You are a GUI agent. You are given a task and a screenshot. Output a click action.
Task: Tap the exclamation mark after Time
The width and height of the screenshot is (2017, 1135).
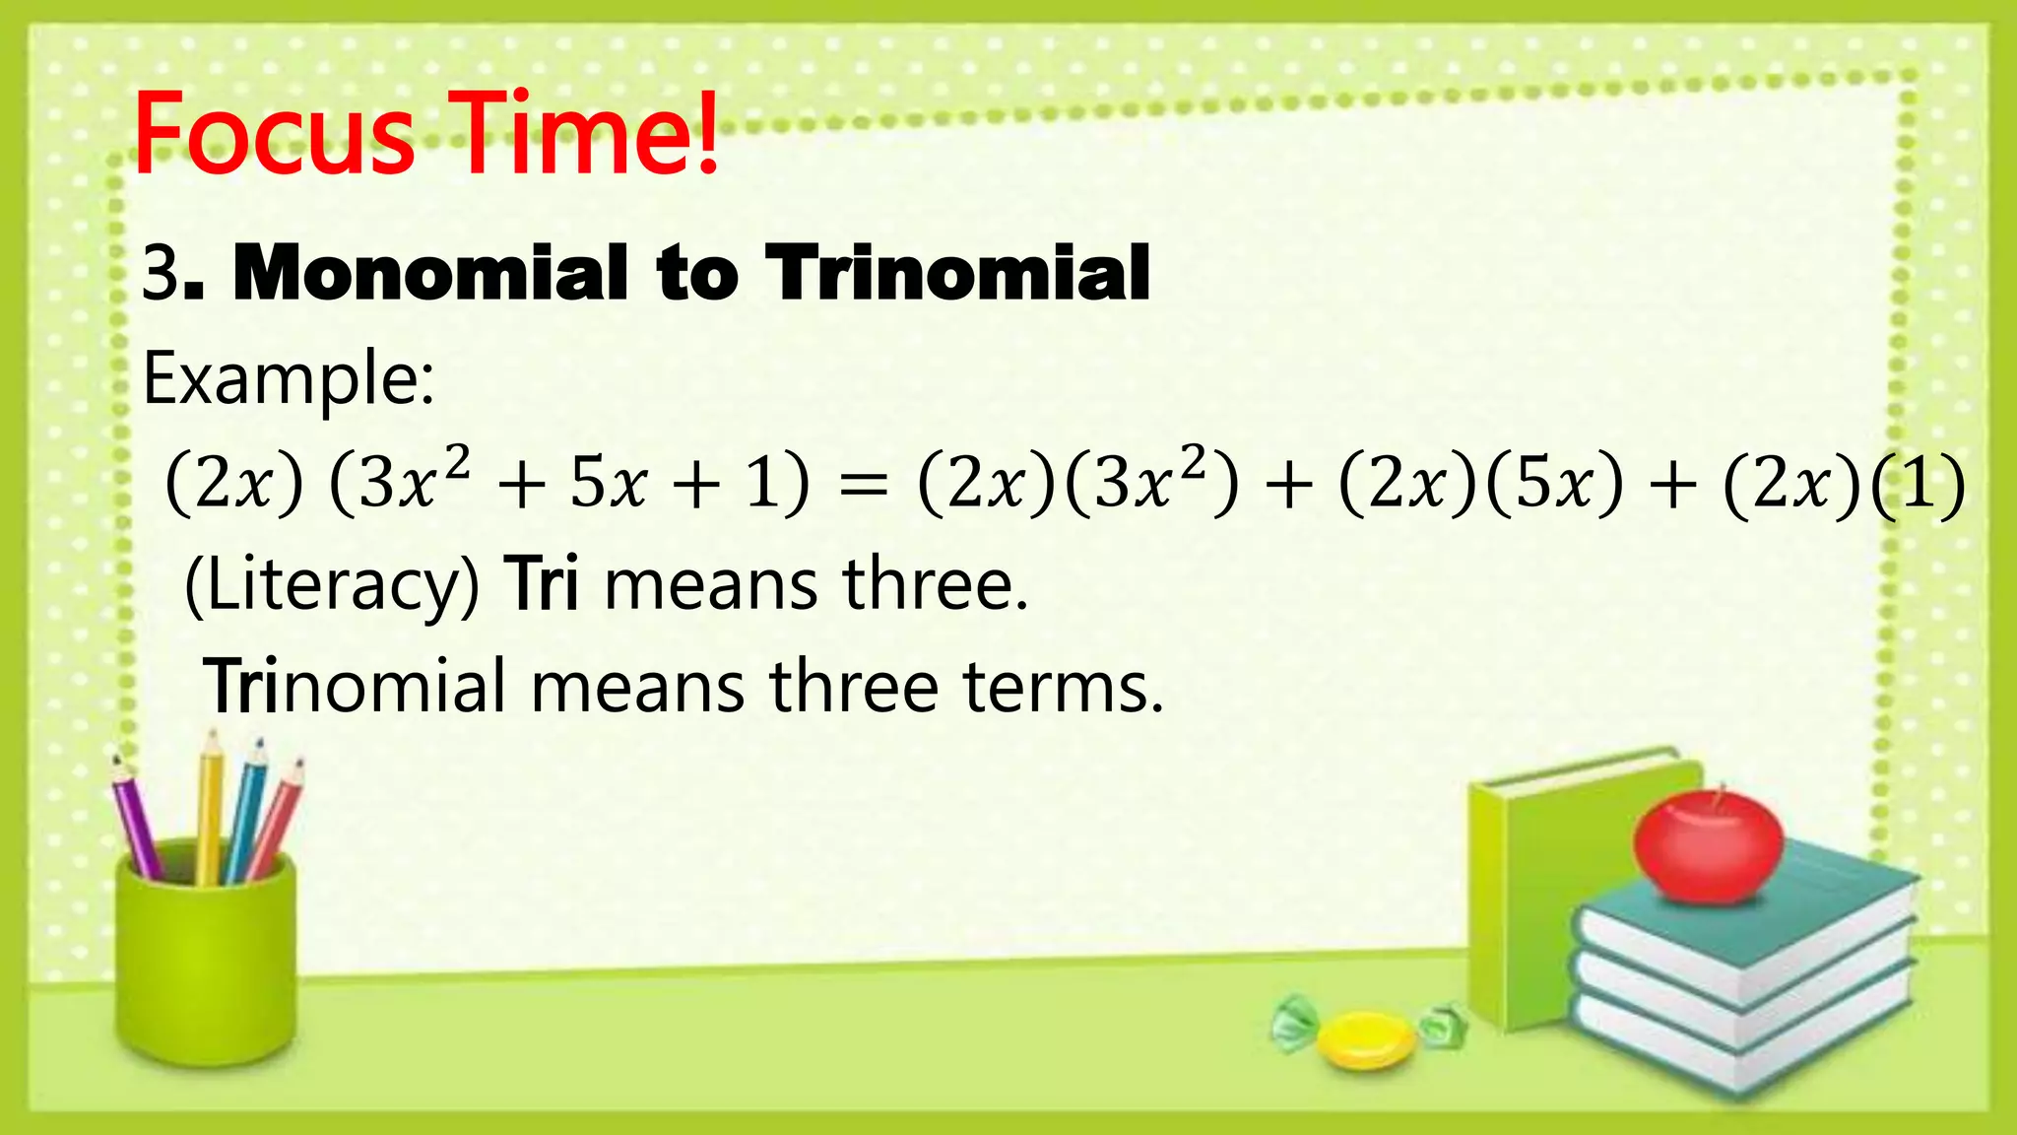pyautogui.click(x=706, y=133)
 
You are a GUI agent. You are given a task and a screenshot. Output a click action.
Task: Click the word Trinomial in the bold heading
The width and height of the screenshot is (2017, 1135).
pyautogui.click(x=958, y=273)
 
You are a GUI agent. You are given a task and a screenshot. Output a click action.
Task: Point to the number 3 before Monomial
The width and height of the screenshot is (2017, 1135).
pyautogui.click(x=160, y=274)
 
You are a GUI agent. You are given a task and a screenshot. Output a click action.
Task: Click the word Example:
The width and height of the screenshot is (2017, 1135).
pyautogui.click(x=288, y=379)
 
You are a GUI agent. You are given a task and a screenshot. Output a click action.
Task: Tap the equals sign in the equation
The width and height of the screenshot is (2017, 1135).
pyautogui.click(x=863, y=486)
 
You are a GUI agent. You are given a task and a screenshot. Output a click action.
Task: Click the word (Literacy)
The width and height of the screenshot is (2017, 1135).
pyautogui.click(x=332, y=586)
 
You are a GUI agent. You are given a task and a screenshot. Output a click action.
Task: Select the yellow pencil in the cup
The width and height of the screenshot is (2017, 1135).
pyautogui.click(x=209, y=808)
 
